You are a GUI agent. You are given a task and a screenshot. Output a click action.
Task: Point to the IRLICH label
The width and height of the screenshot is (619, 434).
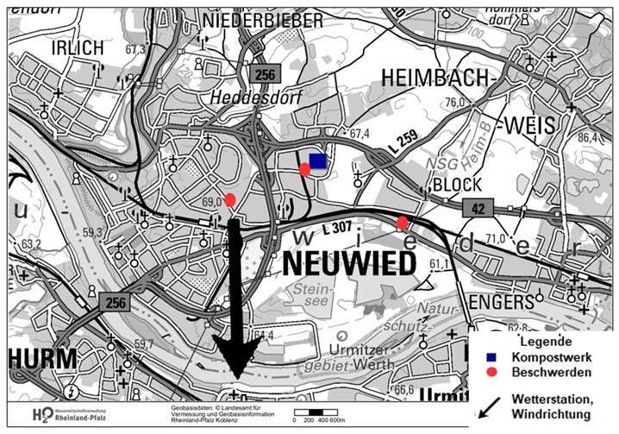77,47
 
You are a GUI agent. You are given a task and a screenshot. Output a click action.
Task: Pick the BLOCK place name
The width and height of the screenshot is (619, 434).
457,186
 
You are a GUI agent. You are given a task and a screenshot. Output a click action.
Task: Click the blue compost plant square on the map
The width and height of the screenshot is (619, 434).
317,160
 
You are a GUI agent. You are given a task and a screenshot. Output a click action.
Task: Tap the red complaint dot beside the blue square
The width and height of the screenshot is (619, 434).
304,170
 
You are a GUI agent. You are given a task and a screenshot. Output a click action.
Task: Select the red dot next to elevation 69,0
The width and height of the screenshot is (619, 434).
230,201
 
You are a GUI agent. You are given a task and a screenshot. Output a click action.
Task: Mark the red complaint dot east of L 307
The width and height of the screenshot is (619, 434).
403,223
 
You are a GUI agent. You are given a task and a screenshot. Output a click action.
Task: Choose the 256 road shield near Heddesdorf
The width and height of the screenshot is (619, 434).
264,75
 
